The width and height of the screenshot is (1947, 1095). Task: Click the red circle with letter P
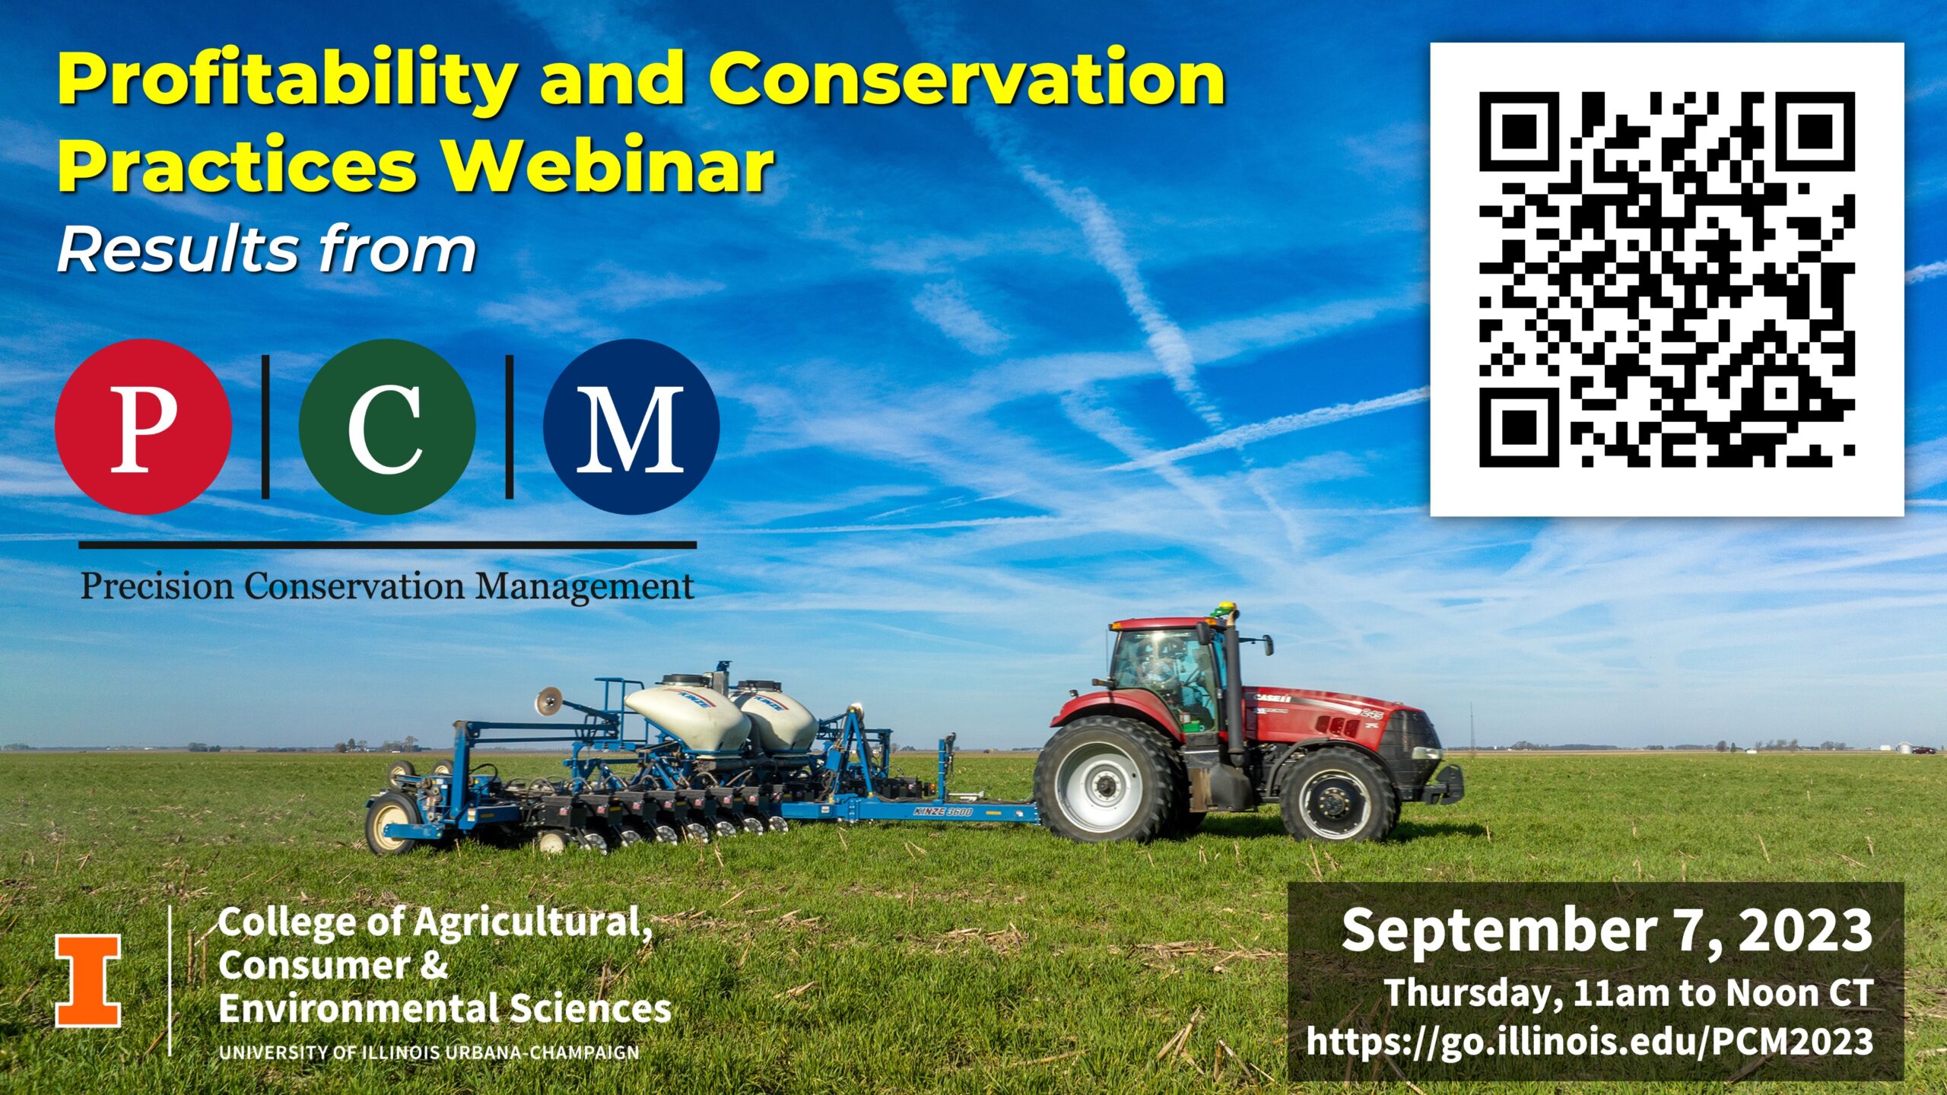pos(144,427)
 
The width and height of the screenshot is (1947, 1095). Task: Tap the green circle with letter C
pos(387,427)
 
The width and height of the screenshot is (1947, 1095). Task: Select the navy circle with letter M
pos(631,427)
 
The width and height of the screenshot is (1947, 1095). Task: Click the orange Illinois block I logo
pos(87,981)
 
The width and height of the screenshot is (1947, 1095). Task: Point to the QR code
pos(1667,279)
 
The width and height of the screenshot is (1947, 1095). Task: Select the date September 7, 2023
pos(1607,930)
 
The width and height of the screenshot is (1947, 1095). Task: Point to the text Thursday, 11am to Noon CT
pos(1628,993)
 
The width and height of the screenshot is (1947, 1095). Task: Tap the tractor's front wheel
pos(1338,795)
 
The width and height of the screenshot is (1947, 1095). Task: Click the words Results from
pos(267,250)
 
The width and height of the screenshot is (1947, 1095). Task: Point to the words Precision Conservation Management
pos(387,587)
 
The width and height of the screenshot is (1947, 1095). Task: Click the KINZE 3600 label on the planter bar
pos(943,812)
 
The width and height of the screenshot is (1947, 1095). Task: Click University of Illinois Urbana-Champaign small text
pos(429,1053)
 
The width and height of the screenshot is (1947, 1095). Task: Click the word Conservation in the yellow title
pos(967,79)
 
